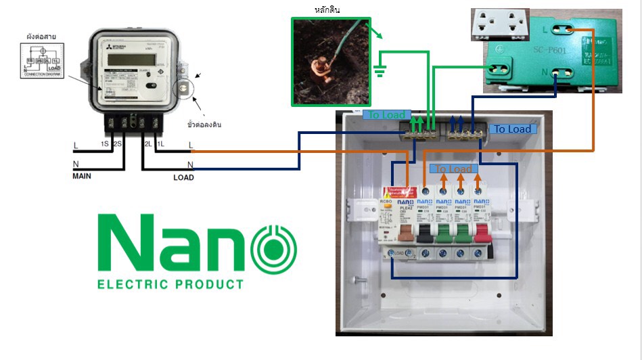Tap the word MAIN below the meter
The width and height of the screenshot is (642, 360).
click(x=82, y=176)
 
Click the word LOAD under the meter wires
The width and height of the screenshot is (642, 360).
click(x=183, y=178)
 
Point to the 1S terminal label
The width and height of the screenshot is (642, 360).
click(x=105, y=144)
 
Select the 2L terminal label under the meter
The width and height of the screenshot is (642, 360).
click(x=146, y=144)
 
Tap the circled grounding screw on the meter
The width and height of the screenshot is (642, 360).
click(x=183, y=89)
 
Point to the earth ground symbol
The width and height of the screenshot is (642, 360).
click(x=380, y=70)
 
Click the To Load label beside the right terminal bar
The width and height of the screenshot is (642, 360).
click(x=512, y=129)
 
